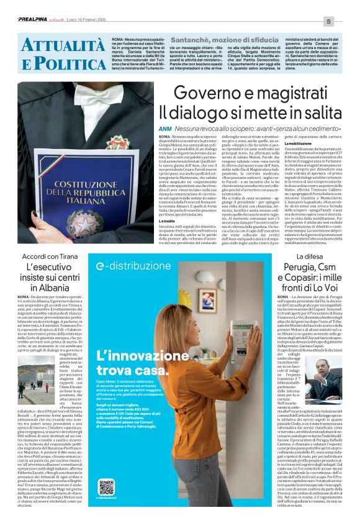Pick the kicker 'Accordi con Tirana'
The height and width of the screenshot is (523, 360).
[50, 257]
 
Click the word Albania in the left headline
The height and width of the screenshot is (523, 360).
[50, 288]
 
